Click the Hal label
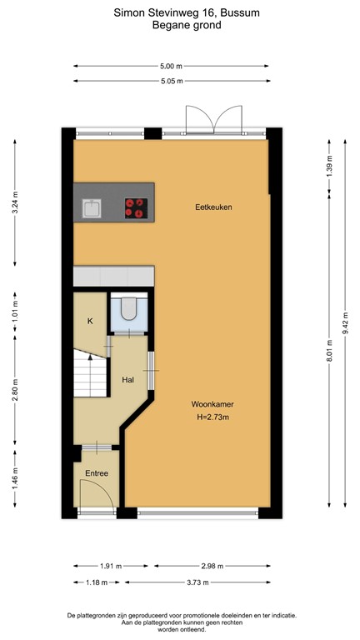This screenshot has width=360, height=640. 128,378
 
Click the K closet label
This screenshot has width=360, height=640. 90,320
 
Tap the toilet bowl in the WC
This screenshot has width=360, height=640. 128,310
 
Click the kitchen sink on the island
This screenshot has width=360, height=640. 91,207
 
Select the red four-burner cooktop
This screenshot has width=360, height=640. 134,207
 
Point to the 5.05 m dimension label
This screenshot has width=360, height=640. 171,81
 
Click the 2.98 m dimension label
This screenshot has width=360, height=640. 197,566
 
